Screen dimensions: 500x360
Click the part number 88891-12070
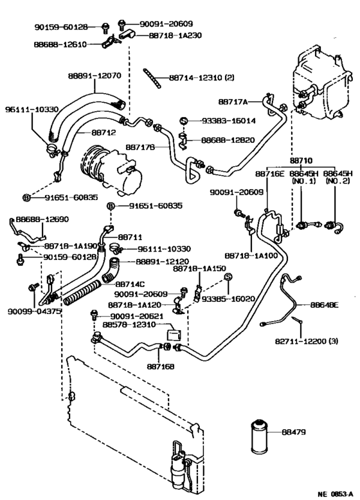[x=94, y=75]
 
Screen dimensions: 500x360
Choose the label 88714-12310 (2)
[x=202, y=78]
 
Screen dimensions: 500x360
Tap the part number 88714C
[x=132, y=283]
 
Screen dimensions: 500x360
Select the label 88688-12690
[x=42, y=219]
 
